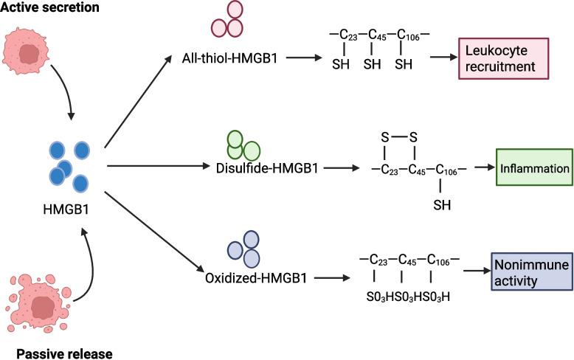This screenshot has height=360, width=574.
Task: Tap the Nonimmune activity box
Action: tap(531, 271)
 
